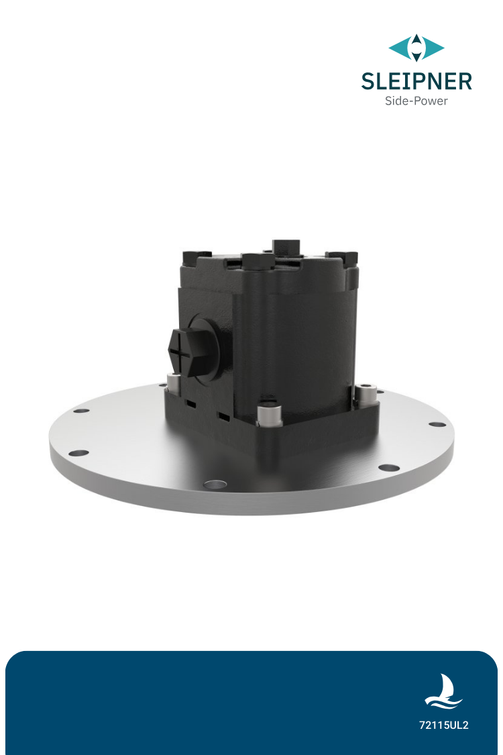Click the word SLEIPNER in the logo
point(416,81)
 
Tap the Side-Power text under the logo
point(416,101)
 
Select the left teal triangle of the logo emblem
point(400,48)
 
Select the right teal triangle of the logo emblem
point(433,48)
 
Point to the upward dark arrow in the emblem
point(416,40)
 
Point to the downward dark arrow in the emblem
point(416,56)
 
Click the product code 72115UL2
point(443,725)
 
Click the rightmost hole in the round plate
point(436,425)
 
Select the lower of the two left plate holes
point(78,453)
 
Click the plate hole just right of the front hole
point(388,467)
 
